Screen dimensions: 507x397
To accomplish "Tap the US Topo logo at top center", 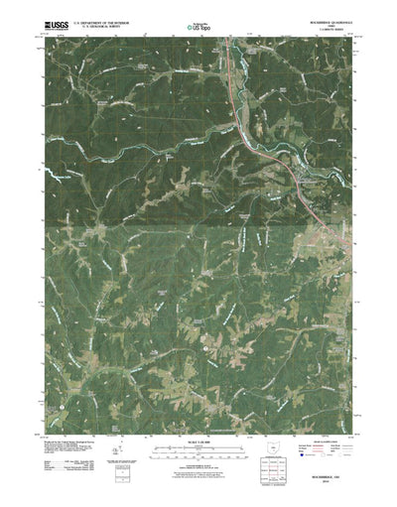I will click(x=198, y=27).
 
